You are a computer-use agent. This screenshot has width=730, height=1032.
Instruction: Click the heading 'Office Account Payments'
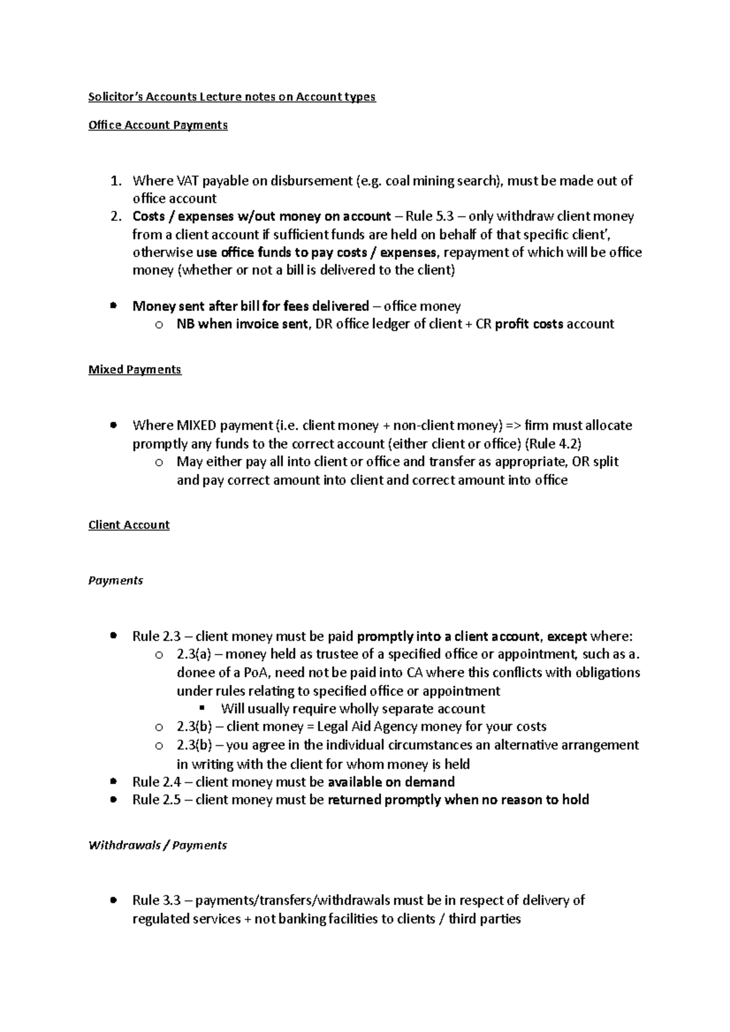pos(158,125)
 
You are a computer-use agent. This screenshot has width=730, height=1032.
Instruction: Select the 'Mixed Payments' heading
pos(134,370)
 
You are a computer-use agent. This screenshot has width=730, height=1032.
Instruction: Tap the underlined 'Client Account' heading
pos(128,525)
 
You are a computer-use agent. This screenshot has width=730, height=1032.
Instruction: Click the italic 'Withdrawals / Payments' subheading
pos(158,845)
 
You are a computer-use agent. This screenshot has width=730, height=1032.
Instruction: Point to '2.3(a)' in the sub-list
pos(193,655)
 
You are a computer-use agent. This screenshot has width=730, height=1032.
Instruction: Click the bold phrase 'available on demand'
pos(391,782)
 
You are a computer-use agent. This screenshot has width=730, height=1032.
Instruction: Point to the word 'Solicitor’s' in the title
pos(111,97)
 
